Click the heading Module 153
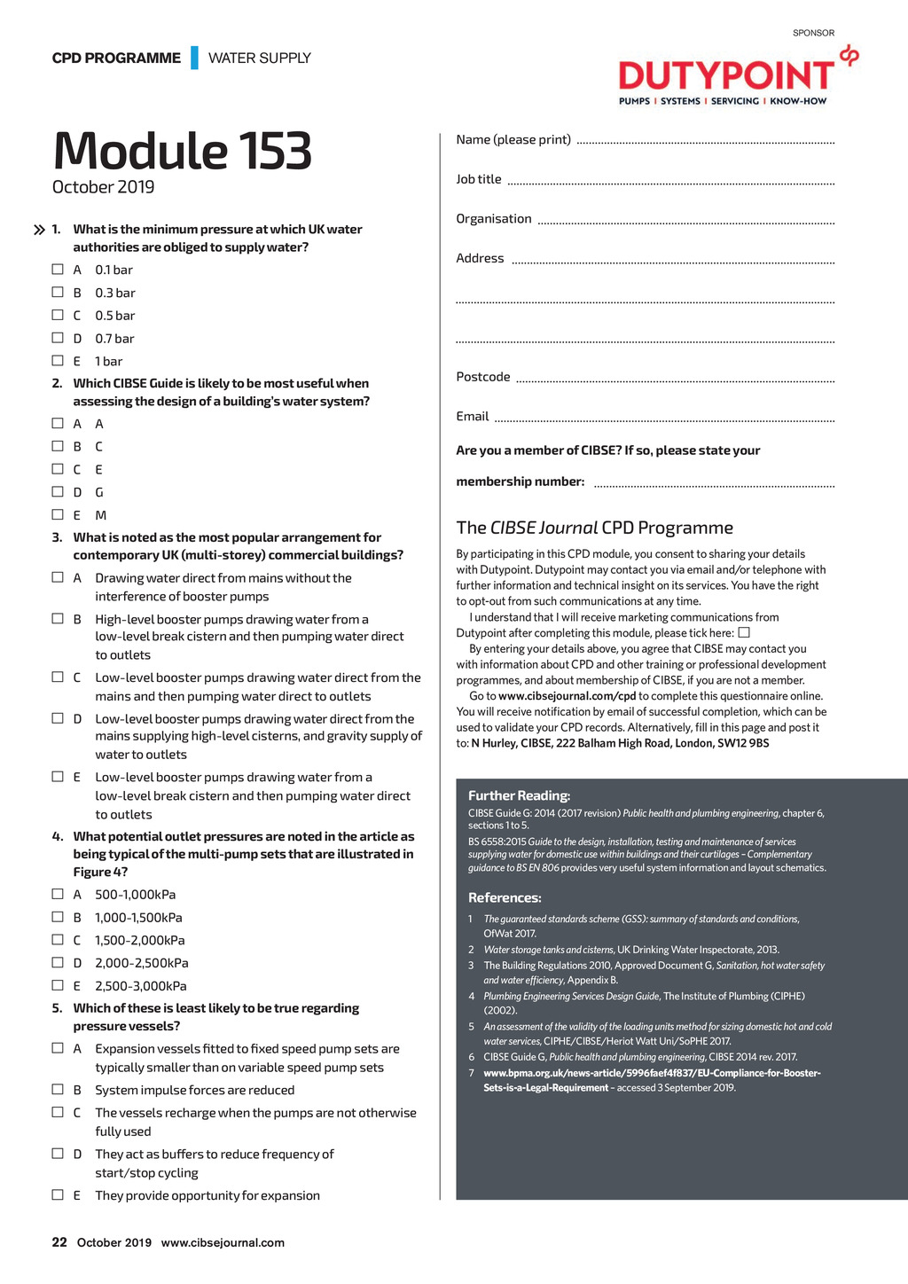(183, 151)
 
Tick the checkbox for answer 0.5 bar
(58, 315)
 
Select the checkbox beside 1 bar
(58, 361)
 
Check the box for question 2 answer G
(58, 491)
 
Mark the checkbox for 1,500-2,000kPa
(58, 939)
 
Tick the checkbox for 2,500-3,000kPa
(58, 985)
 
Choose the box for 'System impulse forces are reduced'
(58, 1089)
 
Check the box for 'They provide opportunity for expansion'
(58, 1194)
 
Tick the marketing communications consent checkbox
(744, 632)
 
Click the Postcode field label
(483, 377)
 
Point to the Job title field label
(479, 179)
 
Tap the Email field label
(473, 417)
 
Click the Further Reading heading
(519, 795)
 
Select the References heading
(505, 897)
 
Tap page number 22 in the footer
(59, 1242)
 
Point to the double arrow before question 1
(39, 230)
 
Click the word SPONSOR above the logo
(813, 33)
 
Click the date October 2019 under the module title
(103, 187)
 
